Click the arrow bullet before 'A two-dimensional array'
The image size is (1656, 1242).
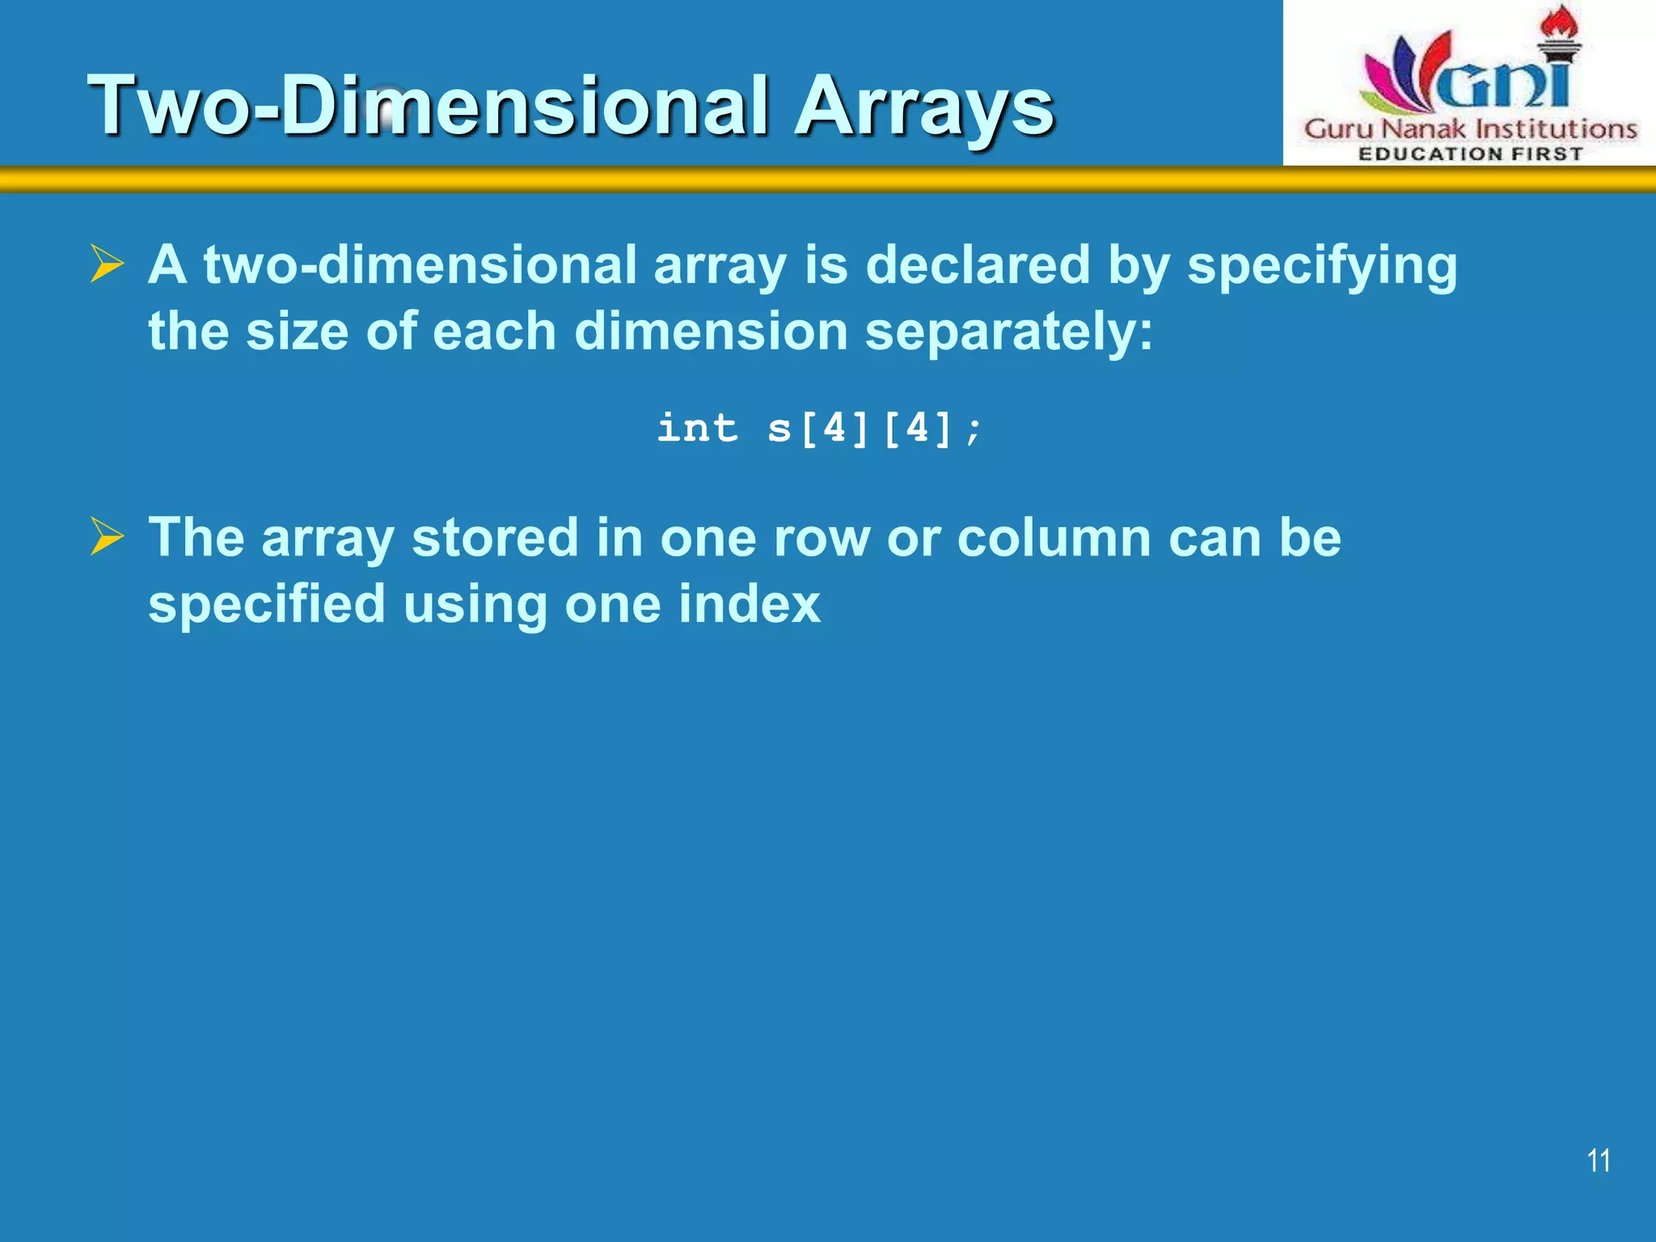pos(107,264)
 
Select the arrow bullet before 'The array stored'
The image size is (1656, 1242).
pos(107,536)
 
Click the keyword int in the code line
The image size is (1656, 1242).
pos(697,428)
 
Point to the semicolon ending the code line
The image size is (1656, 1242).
pos(974,430)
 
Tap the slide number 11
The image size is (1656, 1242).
pos(1598,1160)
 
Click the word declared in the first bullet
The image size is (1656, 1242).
pos(978,264)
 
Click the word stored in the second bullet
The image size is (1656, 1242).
pos(495,538)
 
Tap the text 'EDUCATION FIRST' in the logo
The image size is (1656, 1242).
pos(1470,154)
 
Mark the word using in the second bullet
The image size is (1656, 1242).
pos(475,605)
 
